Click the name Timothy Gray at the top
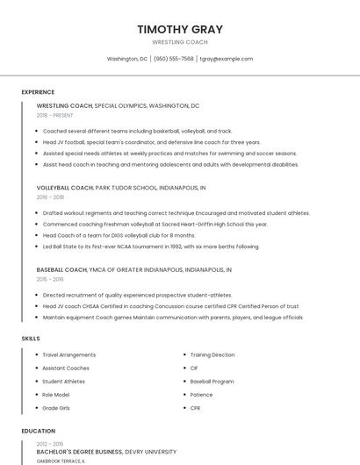[x=180, y=29]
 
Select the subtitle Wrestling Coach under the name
[x=180, y=42]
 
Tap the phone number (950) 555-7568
[x=174, y=59]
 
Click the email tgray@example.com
[x=227, y=59]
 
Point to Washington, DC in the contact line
[x=127, y=59]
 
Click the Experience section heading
[x=38, y=92]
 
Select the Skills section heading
[x=31, y=338]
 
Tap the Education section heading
[x=39, y=431]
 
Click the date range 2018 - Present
[x=54, y=115]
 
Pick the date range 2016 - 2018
[x=50, y=197]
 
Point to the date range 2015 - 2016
[x=50, y=279]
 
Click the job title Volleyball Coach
[x=64, y=188]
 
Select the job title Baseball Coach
[x=61, y=269]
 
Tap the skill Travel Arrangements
[x=69, y=354]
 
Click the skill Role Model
[x=55, y=394]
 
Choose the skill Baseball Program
[x=212, y=381]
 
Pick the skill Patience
[x=201, y=394]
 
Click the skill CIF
[x=194, y=368]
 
